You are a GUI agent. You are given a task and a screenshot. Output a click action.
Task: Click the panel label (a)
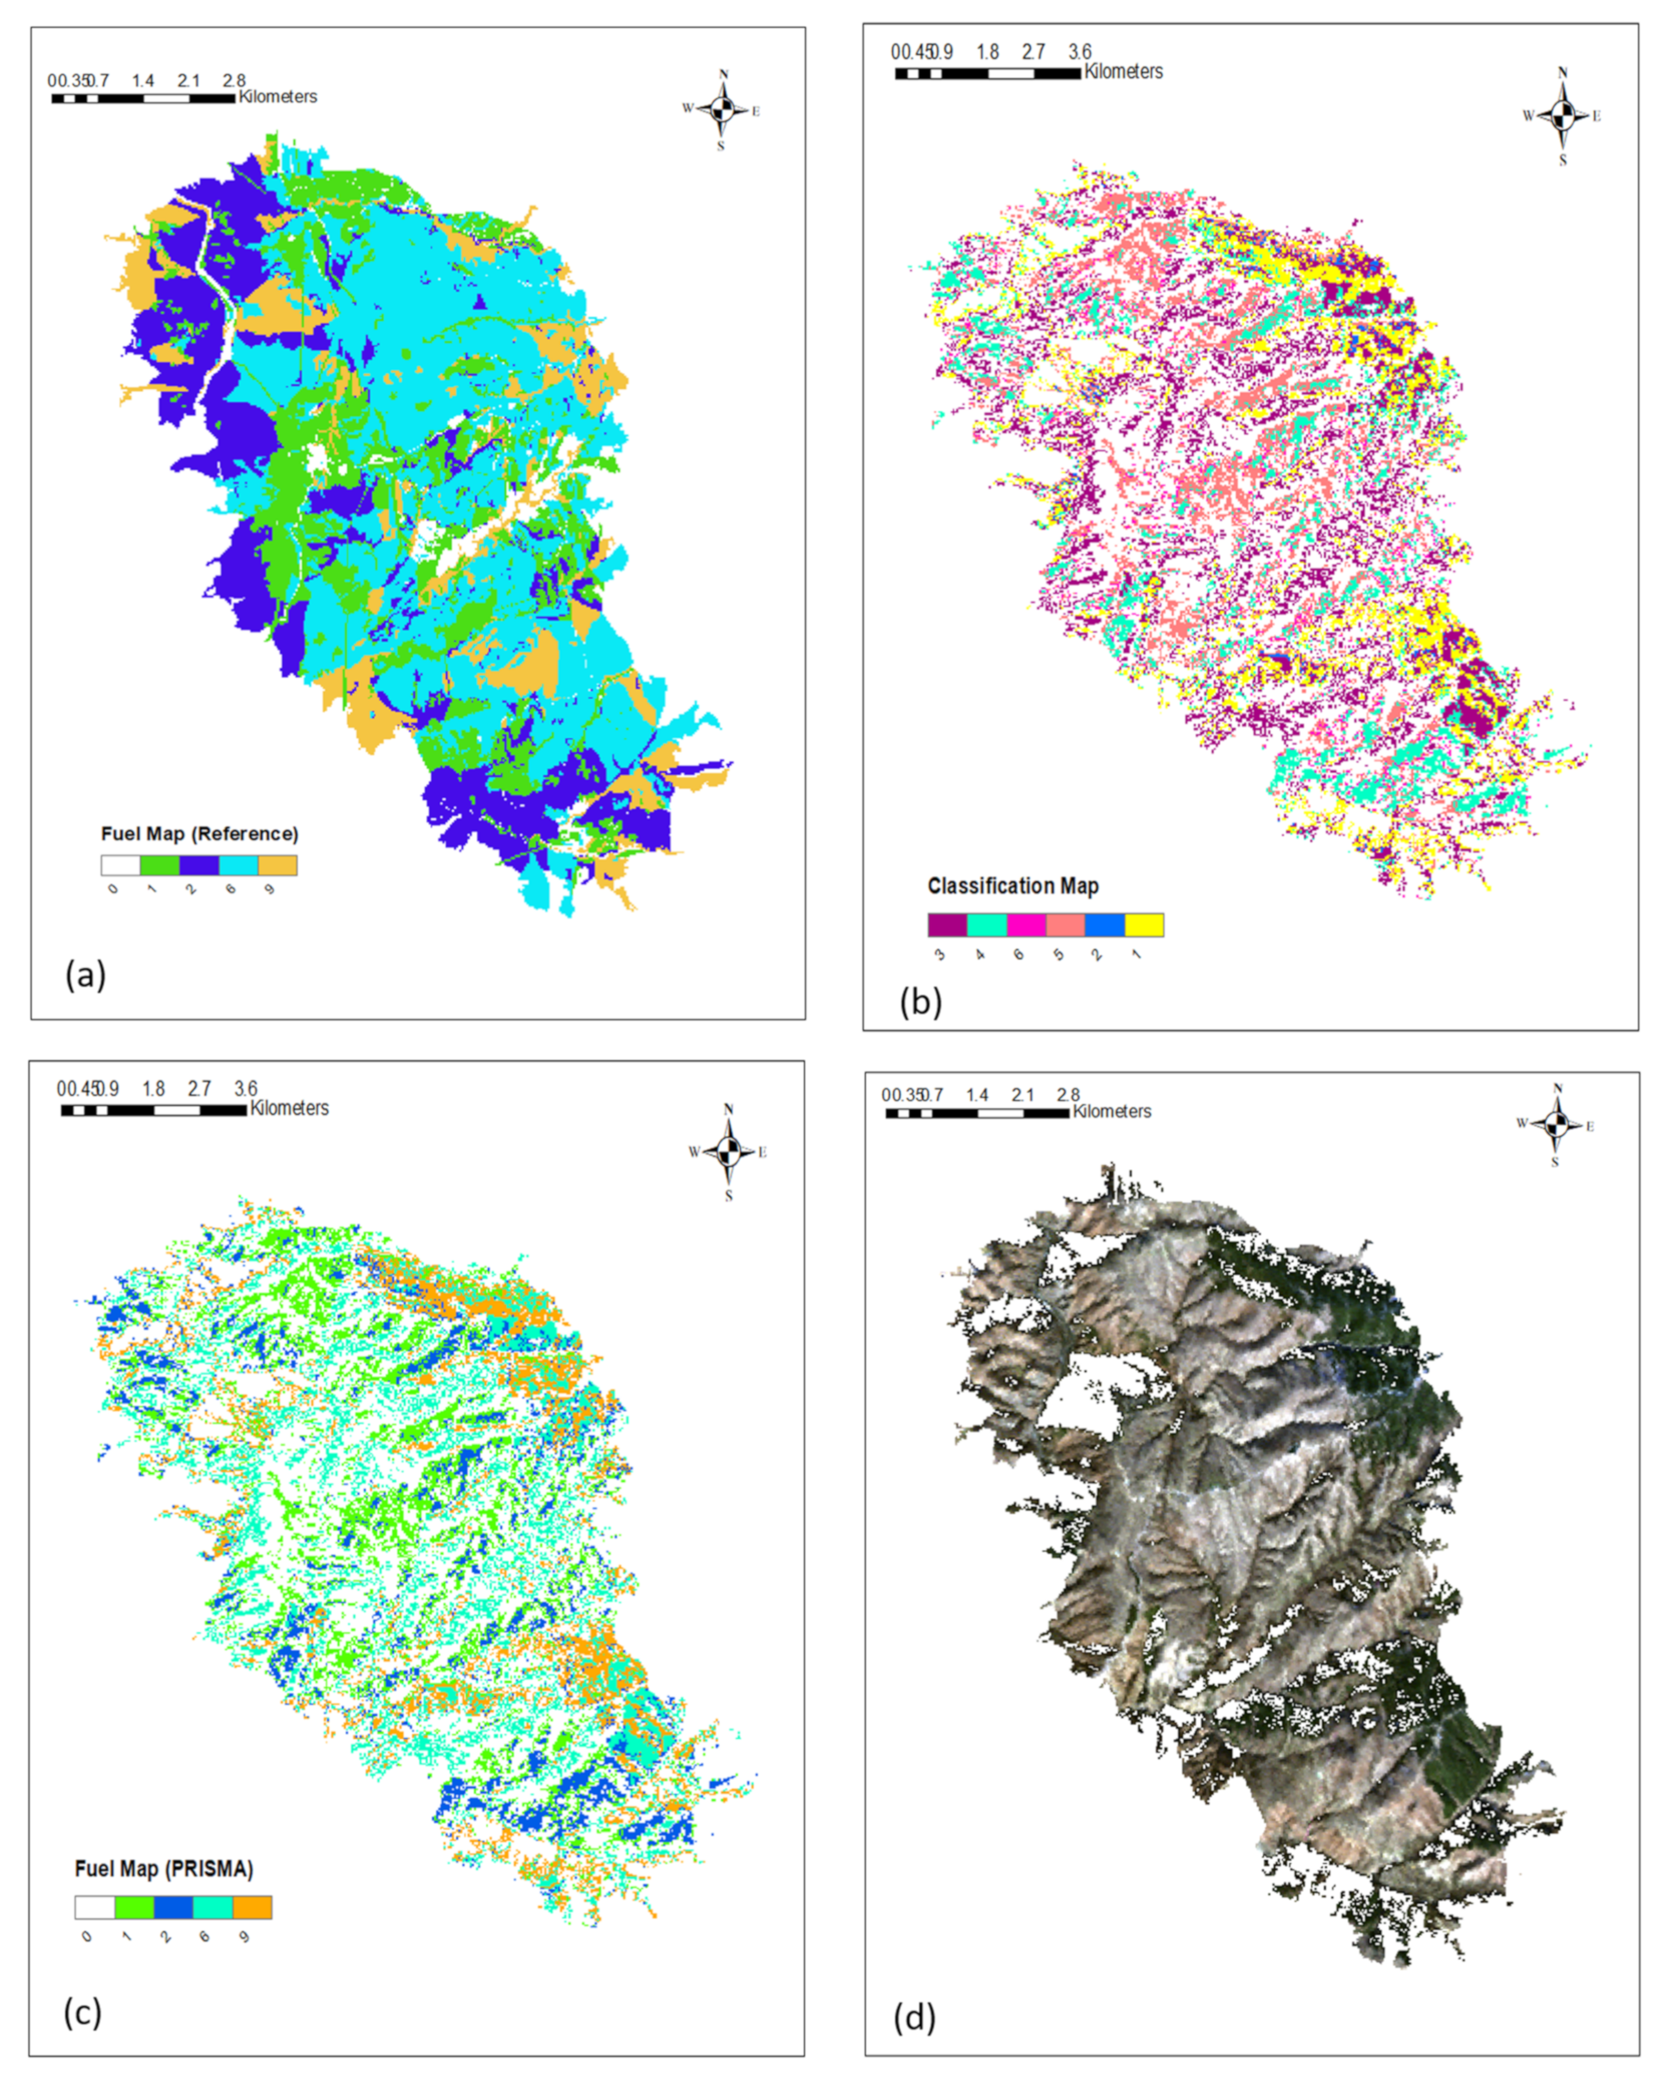point(85,975)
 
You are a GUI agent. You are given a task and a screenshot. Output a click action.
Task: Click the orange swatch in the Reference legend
point(278,864)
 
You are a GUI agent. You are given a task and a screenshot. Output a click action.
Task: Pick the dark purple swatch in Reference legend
point(199,864)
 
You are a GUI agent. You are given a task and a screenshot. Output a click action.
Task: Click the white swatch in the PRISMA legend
point(94,1907)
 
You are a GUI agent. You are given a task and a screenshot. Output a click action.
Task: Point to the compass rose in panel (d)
point(1555,1125)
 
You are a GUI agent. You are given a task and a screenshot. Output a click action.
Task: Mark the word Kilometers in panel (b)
point(1124,71)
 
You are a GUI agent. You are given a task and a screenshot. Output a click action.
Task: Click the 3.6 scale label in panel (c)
point(246,1088)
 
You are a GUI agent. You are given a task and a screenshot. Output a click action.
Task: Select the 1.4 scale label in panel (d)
point(977,1094)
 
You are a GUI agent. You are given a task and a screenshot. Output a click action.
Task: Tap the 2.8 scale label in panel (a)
point(234,81)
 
